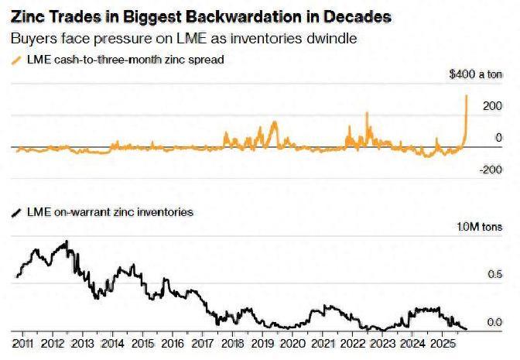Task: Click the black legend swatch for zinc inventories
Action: (17, 211)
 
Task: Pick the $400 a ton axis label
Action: (475, 75)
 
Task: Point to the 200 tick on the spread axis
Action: (492, 105)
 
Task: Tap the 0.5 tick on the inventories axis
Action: (494, 274)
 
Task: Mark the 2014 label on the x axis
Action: (113, 342)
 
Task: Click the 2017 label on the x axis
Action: (203, 342)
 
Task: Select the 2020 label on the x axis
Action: (293, 342)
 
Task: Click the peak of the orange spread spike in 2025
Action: (467, 95)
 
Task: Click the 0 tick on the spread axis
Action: (498, 137)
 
